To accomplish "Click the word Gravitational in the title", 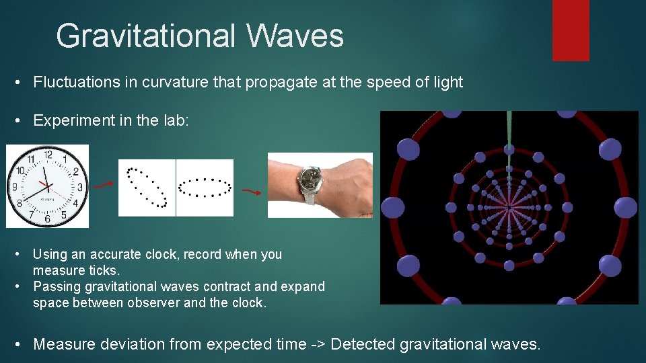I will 145,36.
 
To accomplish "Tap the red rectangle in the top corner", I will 571,30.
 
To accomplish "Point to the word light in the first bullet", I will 445,83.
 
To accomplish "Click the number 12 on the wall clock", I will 48,155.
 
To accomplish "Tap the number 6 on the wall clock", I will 47,218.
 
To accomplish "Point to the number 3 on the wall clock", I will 79,187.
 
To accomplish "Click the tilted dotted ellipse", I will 147,187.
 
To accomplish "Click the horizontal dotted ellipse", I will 205,188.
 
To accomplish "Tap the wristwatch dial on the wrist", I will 311,179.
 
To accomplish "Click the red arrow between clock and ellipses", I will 103,184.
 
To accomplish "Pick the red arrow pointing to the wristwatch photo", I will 252,192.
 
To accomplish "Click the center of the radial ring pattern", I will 509,206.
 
